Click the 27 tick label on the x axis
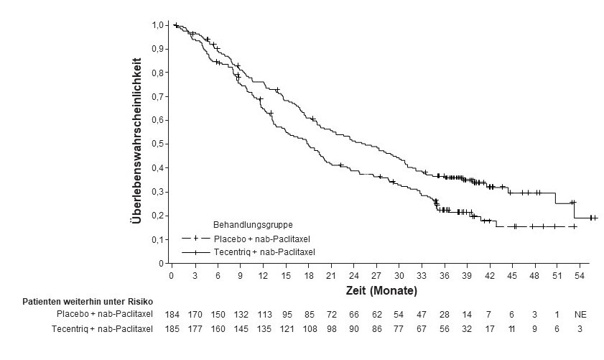[376, 275]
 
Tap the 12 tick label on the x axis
[263, 275]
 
